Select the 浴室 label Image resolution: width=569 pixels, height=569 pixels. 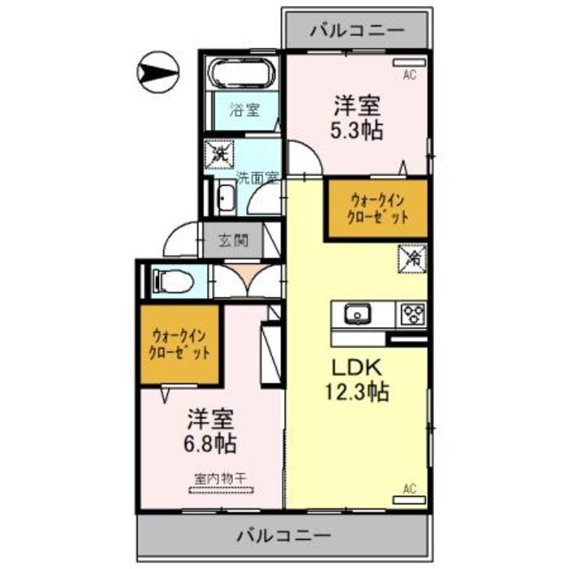pyautogui.click(x=244, y=111)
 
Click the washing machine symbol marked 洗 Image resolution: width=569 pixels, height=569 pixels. pyautogui.click(x=220, y=153)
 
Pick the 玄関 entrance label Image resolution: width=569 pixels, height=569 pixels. pyautogui.click(x=243, y=238)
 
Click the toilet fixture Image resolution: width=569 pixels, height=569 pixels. pyautogui.click(x=173, y=280)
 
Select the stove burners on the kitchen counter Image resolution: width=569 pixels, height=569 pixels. pyautogui.click(x=412, y=314)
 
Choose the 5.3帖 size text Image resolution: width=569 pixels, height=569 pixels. pyautogui.click(x=359, y=131)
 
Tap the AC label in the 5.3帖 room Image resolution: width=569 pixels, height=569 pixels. pyautogui.click(x=409, y=76)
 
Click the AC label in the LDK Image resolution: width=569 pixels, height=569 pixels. pyautogui.click(x=410, y=488)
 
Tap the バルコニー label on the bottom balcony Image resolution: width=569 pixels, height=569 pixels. pyautogui.click(x=284, y=536)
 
